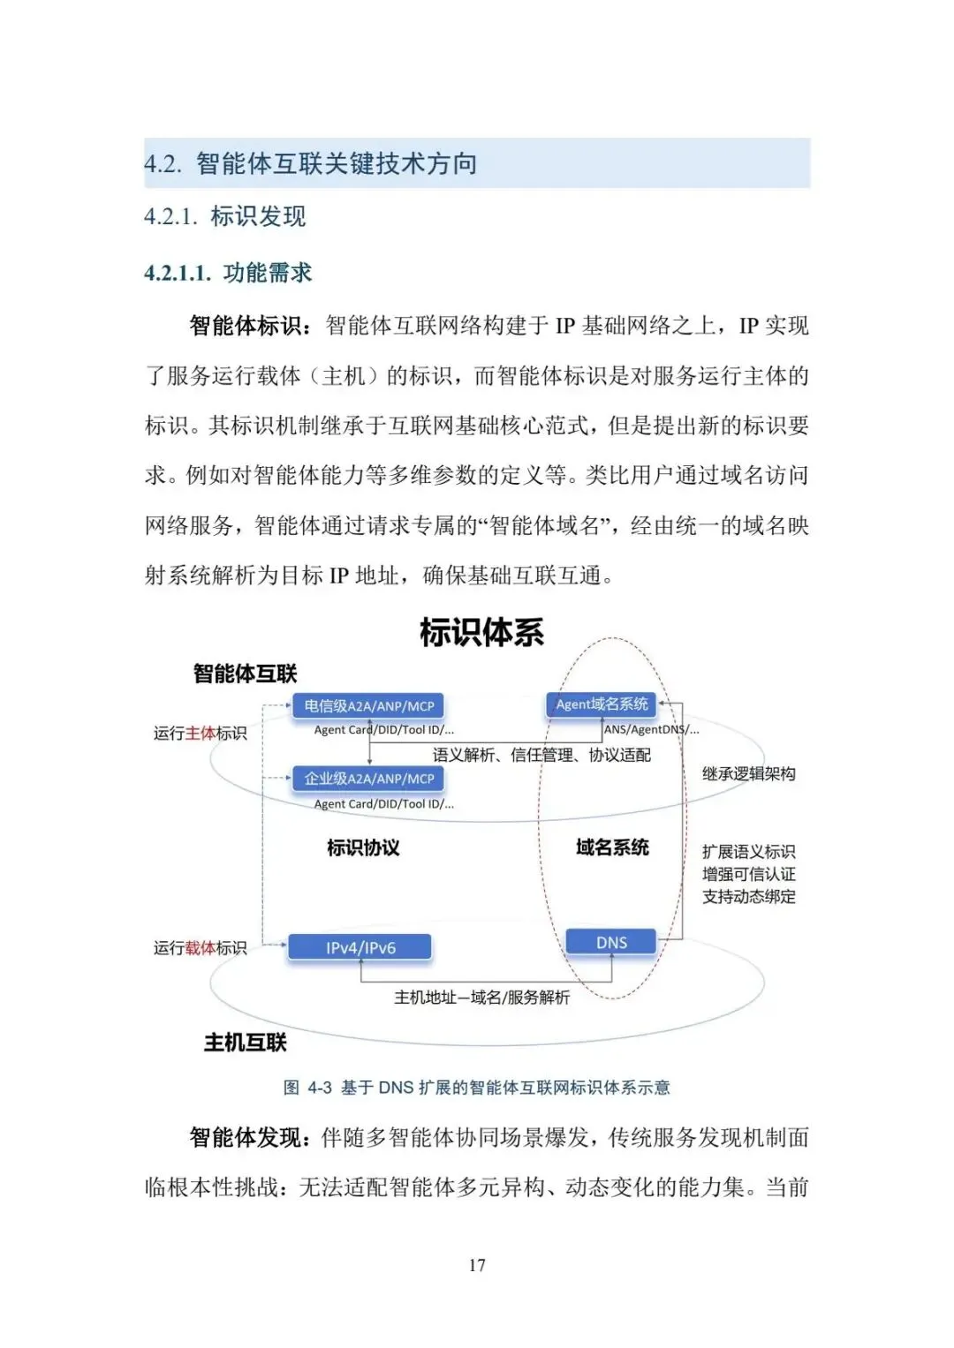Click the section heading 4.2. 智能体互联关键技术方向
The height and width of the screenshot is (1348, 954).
coord(311,163)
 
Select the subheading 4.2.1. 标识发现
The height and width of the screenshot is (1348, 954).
coord(225,216)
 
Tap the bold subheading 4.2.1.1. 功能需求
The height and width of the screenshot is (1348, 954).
coord(228,273)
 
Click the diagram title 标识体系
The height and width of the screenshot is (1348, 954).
coord(481,632)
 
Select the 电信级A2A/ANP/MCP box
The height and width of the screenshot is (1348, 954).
coord(368,706)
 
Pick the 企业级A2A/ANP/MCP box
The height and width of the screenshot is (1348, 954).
coord(368,779)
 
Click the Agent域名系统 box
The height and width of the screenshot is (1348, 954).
coord(602,704)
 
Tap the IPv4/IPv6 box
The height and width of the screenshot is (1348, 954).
coord(360,947)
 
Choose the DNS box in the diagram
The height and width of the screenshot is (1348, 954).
coord(611,942)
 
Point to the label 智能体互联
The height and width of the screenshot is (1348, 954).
coord(245,674)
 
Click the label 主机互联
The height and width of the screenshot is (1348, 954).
coord(245,1043)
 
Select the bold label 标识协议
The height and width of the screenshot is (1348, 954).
coord(363,847)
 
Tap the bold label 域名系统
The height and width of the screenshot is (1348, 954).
coord(612,847)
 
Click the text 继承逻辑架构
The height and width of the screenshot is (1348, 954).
coord(748,774)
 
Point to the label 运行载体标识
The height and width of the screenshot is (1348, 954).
coord(201,948)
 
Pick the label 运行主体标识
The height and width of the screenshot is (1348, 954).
coord(201,734)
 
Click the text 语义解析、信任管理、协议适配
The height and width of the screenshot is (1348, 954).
coord(541,755)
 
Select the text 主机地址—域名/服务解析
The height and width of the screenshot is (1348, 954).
coord(481,998)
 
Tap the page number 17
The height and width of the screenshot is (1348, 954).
coord(477,1265)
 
